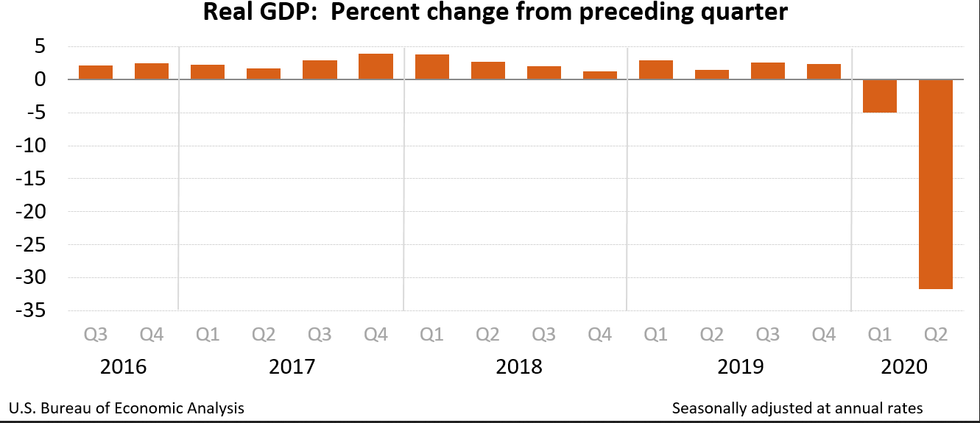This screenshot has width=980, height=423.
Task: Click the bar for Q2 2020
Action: point(936,184)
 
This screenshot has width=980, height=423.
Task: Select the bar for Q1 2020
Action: point(880,96)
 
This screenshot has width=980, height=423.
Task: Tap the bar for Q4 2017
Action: point(376,66)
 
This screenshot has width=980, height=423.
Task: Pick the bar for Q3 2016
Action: point(96,72)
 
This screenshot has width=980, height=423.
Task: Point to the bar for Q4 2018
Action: point(600,75)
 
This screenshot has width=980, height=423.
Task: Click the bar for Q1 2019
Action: point(656,70)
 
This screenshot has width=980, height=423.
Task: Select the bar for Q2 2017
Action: point(264,74)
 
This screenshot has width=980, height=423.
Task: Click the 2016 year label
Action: point(124,366)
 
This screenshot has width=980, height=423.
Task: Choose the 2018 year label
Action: point(518,366)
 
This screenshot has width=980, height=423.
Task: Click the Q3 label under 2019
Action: point(768,335)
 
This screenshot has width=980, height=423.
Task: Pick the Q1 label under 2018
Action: point(431,335)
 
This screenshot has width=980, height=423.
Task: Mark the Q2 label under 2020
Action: point(936,335)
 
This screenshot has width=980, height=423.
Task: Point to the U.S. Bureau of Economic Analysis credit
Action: point(127,408)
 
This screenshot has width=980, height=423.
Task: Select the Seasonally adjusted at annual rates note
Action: point(797,408)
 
